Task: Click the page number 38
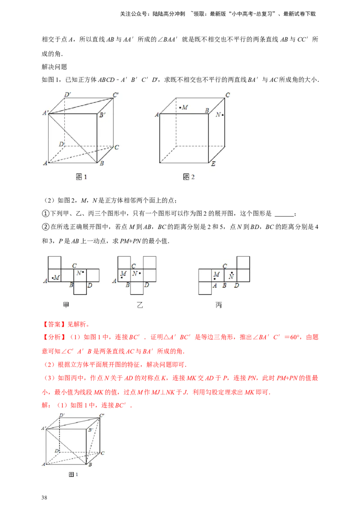pos(44,497)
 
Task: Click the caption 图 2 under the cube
pos(189,177)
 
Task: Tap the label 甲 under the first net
pos(66,305)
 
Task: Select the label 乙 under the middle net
pos(139,305)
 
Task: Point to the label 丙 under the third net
pos(219,305)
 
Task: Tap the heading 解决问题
pos(54,67)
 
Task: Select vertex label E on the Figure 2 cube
pos(213,164)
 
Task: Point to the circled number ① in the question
pos(45,214)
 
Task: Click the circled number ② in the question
pos(45,227)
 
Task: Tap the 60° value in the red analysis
pos(294,337)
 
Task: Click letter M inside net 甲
pos(57,277)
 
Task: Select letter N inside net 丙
pos(231,277)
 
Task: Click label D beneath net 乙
pos(147,285)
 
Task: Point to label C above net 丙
pos(225,266)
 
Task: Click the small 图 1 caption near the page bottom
pos(73,474)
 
